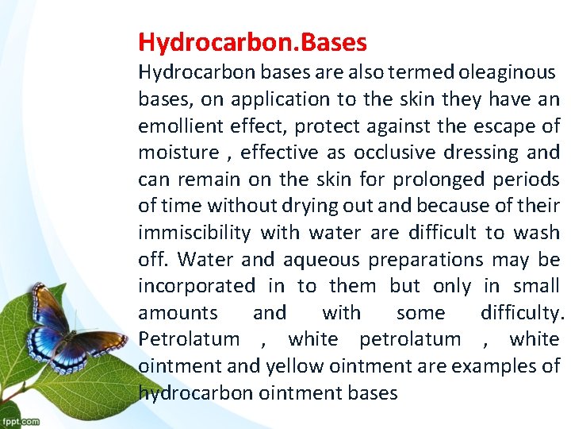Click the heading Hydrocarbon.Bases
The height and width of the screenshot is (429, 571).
pyautogui.click(x=252, y=41)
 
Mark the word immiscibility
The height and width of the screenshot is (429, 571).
pyautogui.click(x=194, y=233)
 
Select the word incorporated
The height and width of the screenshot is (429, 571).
pyautogui.click(x=197, y=286)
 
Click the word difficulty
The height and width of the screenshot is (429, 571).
pyautogui.click(x=522, y=313)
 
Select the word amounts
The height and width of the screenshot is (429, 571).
pyautogui.click(x=178, y=313)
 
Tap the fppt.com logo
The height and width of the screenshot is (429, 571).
pyautogui.click(x=20, y=421)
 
